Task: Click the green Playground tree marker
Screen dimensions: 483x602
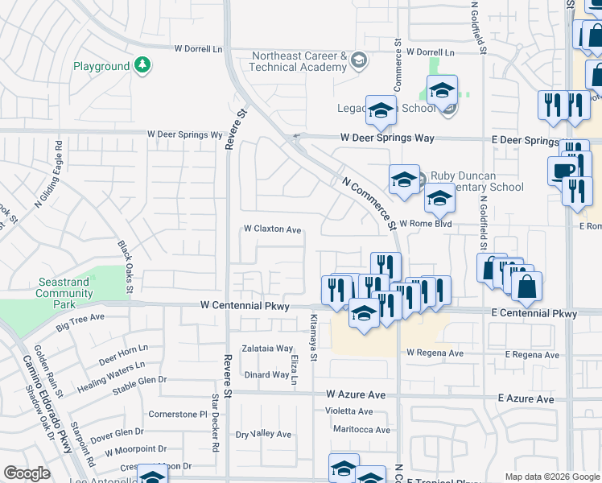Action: [142, 65]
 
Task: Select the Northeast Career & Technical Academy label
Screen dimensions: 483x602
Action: [299, 62]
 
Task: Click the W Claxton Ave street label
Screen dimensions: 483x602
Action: [273, 229]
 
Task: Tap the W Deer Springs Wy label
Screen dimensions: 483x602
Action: [184, 134]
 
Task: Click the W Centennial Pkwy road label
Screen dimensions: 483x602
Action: [244, 306]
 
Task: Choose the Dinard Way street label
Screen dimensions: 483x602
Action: [266, 374]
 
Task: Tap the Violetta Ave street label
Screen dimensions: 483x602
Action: [348, 411]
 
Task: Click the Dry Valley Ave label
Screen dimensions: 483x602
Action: [263, 434]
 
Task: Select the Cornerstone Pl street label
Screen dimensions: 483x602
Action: [178, 414]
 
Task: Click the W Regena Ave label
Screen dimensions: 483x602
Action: [435, 353]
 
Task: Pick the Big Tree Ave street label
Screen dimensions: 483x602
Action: [80, 322]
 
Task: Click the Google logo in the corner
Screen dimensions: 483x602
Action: [27, 473]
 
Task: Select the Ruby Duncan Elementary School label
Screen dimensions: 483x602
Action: [476, 181]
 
